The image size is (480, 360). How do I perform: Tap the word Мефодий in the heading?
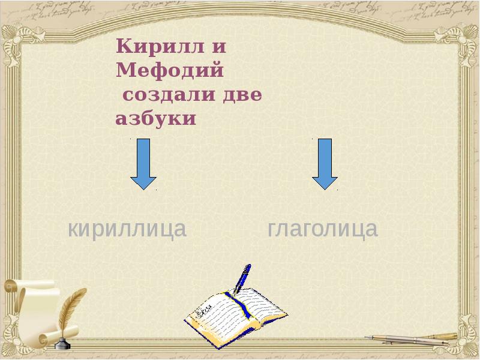tap(170, 70)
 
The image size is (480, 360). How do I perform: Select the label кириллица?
tap(127, 229)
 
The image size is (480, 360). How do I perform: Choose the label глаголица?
tap(323, 229)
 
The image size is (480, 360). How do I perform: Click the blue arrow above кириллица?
tap(143, 164)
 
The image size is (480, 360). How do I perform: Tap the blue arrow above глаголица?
tap(325, 164)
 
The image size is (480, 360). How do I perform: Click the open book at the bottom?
tap(234, 315)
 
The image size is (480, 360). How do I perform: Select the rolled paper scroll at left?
tap(30, 306)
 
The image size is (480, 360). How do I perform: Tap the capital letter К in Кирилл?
tap(124, 46)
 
